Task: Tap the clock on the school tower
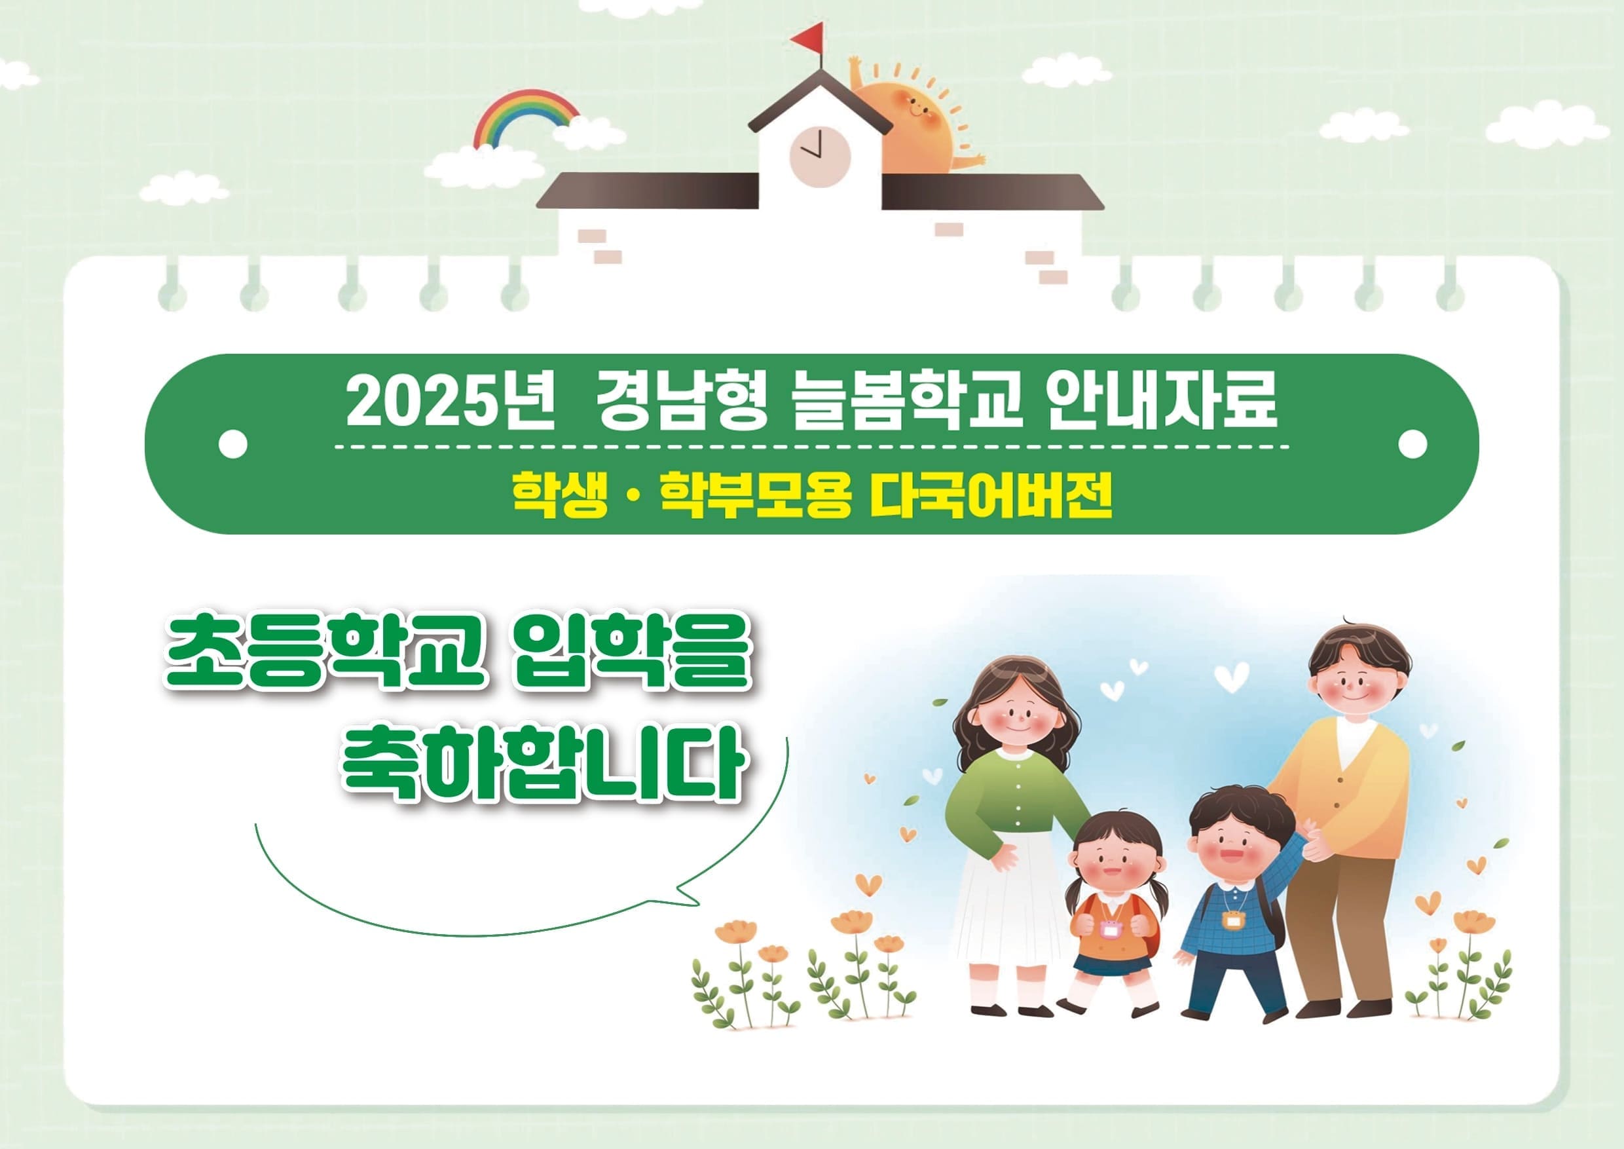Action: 820,157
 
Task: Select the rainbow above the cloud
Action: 526,117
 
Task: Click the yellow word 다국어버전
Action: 991,495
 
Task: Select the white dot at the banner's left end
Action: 233,444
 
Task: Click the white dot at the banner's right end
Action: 1413,443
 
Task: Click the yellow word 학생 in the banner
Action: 560,495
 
